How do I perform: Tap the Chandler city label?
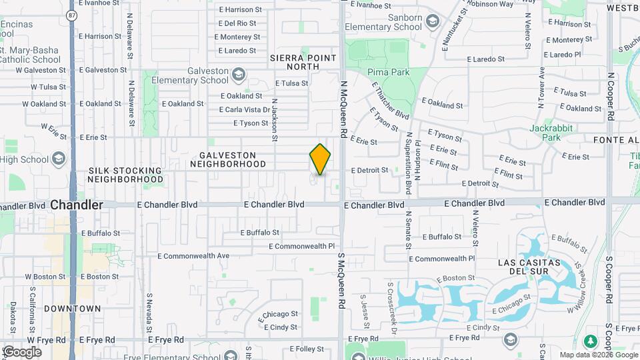[x=77, y=205]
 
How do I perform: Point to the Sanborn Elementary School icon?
[x=433, y=22]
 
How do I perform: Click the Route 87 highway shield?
[x=72, y=14]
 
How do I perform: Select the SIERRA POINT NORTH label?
[x=303, y=62]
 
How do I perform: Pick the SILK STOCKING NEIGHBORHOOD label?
[x=125, y=175]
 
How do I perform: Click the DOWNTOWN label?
[x=73, y=309]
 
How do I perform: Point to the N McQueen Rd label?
[x=344, y=110]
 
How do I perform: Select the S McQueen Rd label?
[x=340, y=280]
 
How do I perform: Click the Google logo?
[x=22, y=352]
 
